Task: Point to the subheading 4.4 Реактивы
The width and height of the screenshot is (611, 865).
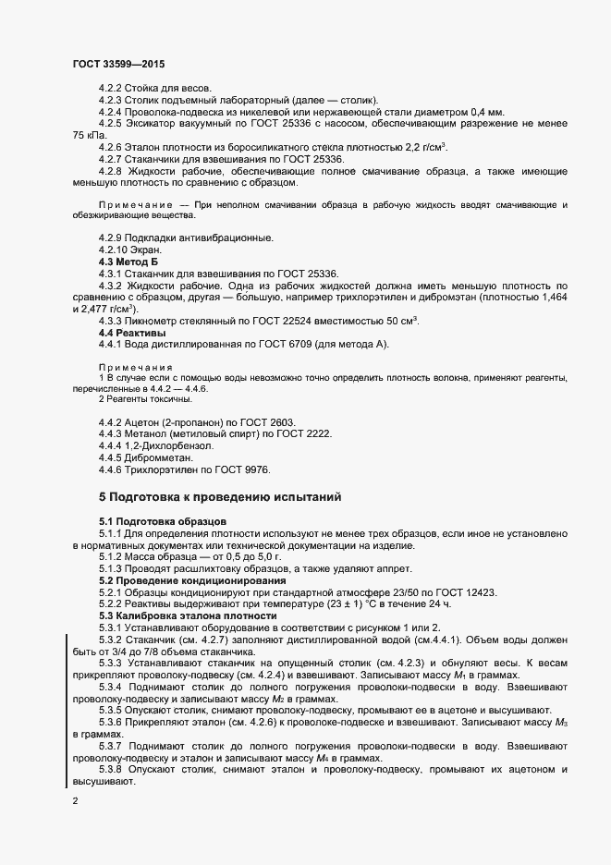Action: coord(132,332)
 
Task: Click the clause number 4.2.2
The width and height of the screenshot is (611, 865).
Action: coord(111,86)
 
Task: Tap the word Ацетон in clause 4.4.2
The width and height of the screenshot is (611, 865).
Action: coord(145,420)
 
